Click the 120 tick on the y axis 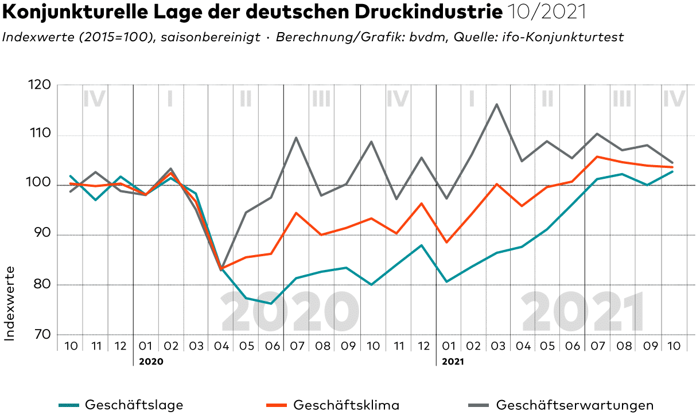point(39,85)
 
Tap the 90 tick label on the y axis point(39,234)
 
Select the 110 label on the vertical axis point(39,135)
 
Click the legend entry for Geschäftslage point(134,405)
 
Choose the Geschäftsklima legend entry point(346,405)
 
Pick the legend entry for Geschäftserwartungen point(574,405)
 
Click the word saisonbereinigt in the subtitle point(211,37)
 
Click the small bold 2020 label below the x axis point(151,362)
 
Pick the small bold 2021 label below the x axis point(453,362)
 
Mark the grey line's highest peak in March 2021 point(496,104)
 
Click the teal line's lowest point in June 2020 point(271,303)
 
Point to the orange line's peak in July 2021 point(597,156)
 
